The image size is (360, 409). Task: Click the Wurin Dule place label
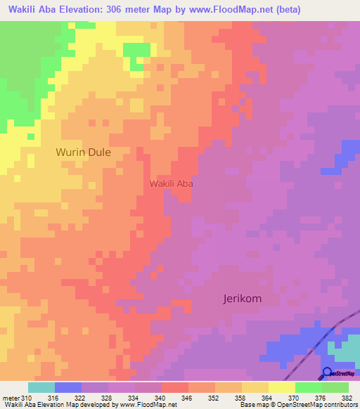click(x=83, y=151)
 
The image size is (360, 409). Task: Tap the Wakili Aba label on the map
click(x=171, y=183)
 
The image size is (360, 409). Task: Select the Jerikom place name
click(x=238, y=299)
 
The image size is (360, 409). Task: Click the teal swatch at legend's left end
click(x=41, y=387)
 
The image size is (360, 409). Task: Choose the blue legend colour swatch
click(x=68, y=387)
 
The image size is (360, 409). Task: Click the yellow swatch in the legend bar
click(x=255, y=387)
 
